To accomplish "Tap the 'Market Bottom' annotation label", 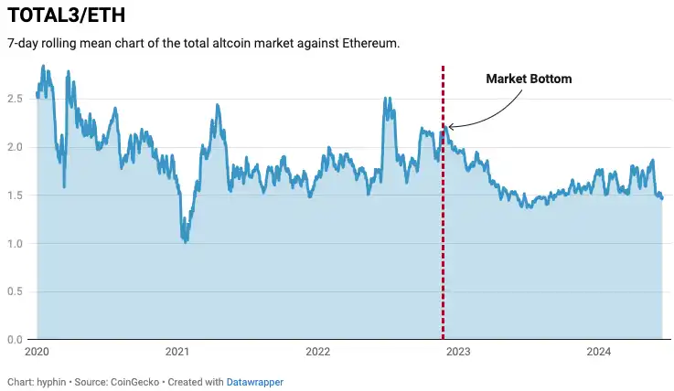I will click(x=529, y=79).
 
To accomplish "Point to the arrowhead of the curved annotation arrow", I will click(x=449, y=127).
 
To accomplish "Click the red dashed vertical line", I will click(x=444, y=228).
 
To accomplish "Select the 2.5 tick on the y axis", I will click(x=16, y=99).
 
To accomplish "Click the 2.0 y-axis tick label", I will click(x=16, y=147).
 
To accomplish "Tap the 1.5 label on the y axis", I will click(x=16, y=195).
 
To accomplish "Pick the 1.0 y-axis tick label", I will click(x=16, y=244).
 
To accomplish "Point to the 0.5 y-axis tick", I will click(x=16, y=291).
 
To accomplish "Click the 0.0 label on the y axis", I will click(x=16, y=340).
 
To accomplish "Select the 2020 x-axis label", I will click(x=37, y=352).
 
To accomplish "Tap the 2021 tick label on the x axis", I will click(x=177, y=352).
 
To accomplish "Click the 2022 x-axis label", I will click(x=317, y=352).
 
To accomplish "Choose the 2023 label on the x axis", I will click(x=458, y=352).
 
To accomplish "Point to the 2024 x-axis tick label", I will click(x=598, y=352).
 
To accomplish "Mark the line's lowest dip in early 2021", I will click(x=186, y=241).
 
